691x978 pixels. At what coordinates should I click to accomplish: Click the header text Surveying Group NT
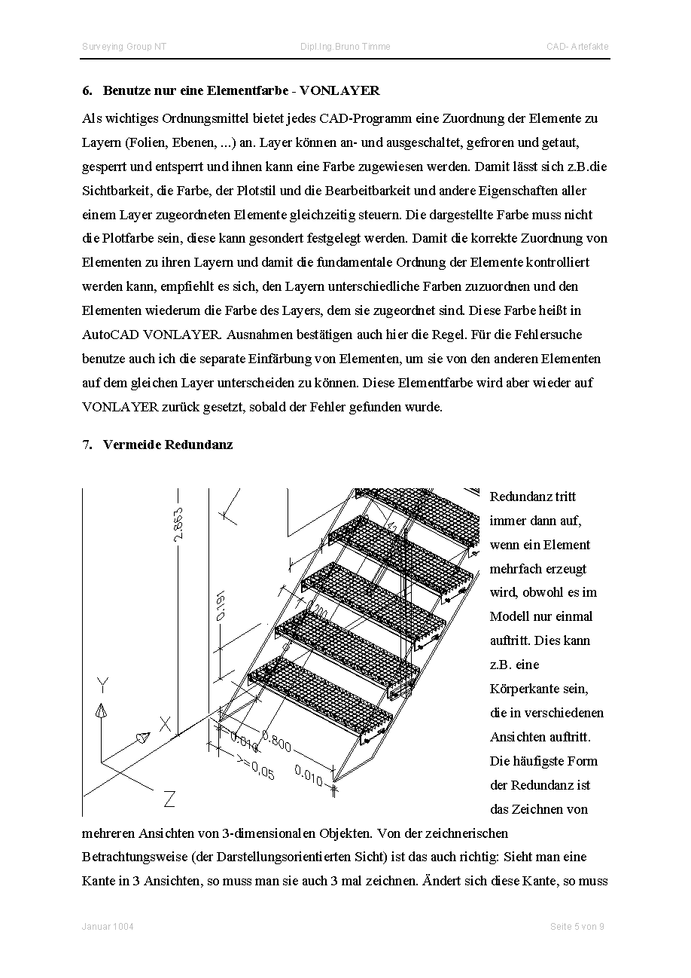pyautogui.click(x=124, y=47)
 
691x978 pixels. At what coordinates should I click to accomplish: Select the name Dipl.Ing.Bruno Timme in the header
pyautogui.click(x=345, y=47)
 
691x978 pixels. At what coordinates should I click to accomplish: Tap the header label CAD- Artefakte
pyautogui.click(x=577, y=47)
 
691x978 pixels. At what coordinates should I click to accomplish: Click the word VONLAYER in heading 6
pyautogui.click(x=339, y=91)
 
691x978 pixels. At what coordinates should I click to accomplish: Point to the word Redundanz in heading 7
pyautogui.click(x=199, y=445)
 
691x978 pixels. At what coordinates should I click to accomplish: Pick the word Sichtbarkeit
pyautogui.click(x=112, y=191)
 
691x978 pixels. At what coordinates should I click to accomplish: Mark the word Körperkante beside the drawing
pyautogui.click(x=539, y=689)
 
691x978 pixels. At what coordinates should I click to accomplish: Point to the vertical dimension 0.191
pyautogui.click(x=220, y=607)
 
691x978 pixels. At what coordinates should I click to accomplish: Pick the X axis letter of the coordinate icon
pyautogui.click(x=166, y=725)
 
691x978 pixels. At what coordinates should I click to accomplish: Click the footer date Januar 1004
pyautogui.click(x=108, y=927)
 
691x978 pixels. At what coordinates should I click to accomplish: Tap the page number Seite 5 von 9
pyautogui.click(x=577, y=927)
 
